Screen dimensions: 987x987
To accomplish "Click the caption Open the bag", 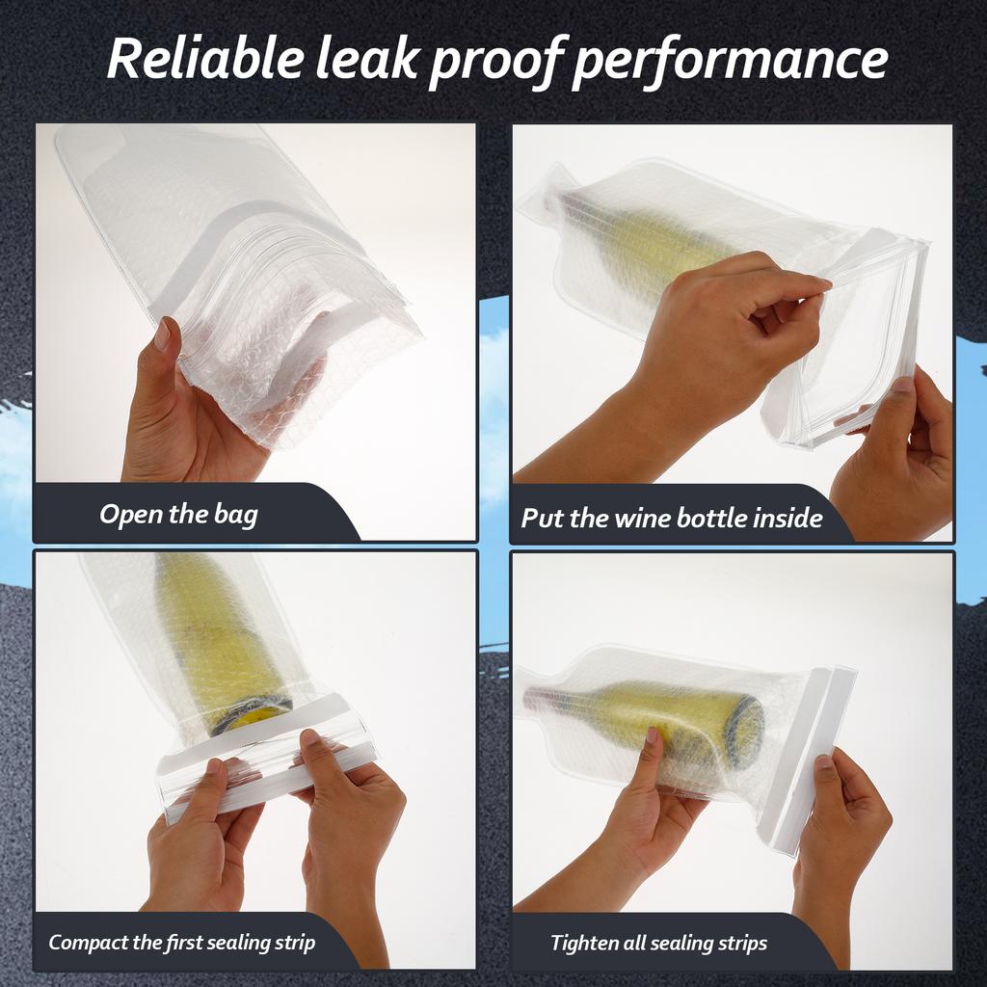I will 178,515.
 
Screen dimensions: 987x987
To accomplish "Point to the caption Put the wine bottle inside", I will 672,519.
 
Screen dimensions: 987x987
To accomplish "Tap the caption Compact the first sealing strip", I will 181,942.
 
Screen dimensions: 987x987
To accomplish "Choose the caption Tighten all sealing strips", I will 659,943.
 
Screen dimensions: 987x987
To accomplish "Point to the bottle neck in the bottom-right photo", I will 559,699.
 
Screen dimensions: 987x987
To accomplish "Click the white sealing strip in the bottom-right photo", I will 814,752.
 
